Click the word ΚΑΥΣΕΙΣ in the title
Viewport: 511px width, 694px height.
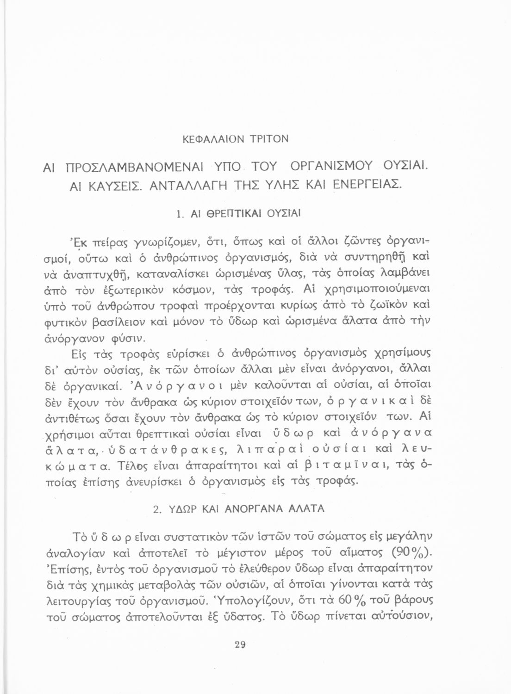116,187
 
